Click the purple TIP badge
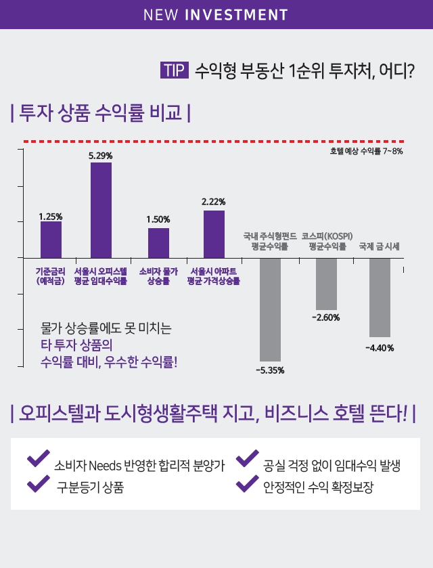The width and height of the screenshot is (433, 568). click(x=174, y=70)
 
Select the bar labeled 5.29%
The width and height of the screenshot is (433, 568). click(x=101, y=210)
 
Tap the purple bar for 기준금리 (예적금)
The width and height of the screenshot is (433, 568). click(x=51, y=239)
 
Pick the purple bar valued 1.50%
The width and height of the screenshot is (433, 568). click(x=158, y=242)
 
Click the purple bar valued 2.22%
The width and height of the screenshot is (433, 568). click(x=214, y=234)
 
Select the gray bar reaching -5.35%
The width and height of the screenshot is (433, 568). click(x=270, y=309)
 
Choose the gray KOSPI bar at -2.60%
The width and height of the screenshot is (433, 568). click(x=326, y=284)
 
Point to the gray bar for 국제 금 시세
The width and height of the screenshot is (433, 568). click(x=380, y=297)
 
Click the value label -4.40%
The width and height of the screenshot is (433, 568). click(x=380, y=348)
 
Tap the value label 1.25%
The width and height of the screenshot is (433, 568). click(x=51, y=217)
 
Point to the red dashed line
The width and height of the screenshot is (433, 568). click(x=203, y=141)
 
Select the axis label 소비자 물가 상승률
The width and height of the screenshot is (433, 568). click(x=158, y=276)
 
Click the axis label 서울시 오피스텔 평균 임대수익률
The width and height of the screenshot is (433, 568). click(x=101, y=276)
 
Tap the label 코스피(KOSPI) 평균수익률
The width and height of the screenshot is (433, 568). click(x=327, y=241)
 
